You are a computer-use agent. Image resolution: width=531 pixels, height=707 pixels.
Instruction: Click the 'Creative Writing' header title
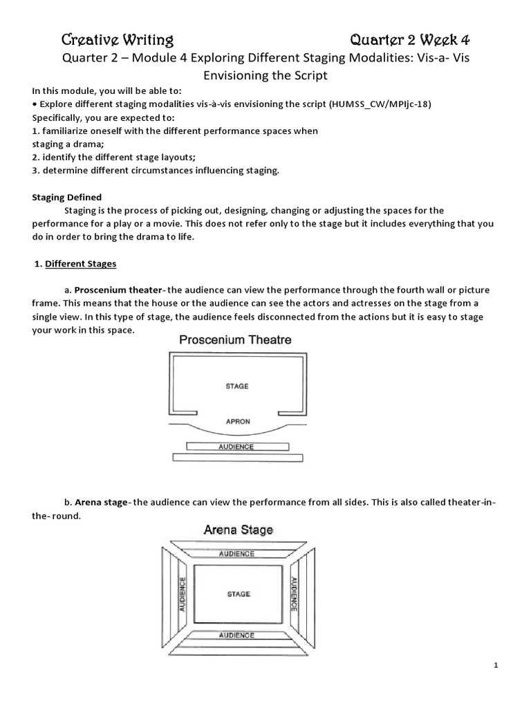(118, 39)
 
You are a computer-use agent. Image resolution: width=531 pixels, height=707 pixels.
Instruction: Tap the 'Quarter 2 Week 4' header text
(410, 39)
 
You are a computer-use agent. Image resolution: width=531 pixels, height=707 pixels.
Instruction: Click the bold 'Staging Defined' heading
(67, 197)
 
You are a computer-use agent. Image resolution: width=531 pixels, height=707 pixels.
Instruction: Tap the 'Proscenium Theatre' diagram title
(235, 340)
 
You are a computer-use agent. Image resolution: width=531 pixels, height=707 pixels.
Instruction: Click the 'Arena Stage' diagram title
(238, 530)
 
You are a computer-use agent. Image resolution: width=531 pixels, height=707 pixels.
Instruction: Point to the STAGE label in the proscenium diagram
(236, 386)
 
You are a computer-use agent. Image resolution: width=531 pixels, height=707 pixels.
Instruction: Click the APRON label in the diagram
(236, 420)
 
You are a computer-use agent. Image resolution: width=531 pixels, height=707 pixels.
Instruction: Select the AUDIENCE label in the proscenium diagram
(236, 447)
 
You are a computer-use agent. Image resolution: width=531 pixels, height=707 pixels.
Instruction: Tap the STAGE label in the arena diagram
(238, 594)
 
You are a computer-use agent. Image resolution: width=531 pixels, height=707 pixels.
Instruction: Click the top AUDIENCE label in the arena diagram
(236, 554)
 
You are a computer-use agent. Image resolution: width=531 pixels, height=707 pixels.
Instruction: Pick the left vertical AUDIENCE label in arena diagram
(183, 594)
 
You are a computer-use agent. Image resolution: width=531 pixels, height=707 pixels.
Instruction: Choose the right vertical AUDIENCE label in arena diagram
(293, 594)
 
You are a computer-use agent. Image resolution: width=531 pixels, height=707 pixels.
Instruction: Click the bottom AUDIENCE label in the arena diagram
(236, 635)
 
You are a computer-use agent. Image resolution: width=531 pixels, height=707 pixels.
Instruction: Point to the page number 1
(496, 666)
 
